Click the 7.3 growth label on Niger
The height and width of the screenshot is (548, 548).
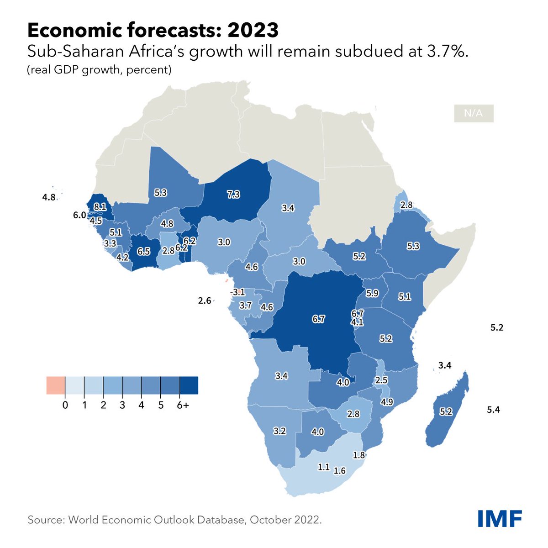(233, 195)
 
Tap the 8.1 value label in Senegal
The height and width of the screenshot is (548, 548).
(100, 207)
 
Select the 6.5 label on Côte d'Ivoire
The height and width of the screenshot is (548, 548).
(143, 251)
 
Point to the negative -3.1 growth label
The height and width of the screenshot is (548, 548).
(237, 292)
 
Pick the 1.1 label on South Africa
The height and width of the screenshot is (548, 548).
(323, 467)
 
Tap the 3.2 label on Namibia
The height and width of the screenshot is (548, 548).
(279, 431)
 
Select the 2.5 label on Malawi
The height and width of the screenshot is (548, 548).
(381, 380)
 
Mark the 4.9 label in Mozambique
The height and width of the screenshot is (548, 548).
(387, 402)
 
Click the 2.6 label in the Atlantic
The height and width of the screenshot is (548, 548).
(205, 300)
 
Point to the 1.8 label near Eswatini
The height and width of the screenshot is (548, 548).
(359, 455)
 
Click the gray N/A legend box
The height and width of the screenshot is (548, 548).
(474, 113)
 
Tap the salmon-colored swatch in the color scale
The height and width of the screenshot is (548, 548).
(56, 385)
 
